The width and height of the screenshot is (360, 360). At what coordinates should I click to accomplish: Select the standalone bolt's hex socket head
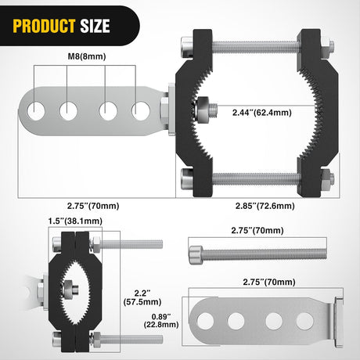[196, 252]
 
